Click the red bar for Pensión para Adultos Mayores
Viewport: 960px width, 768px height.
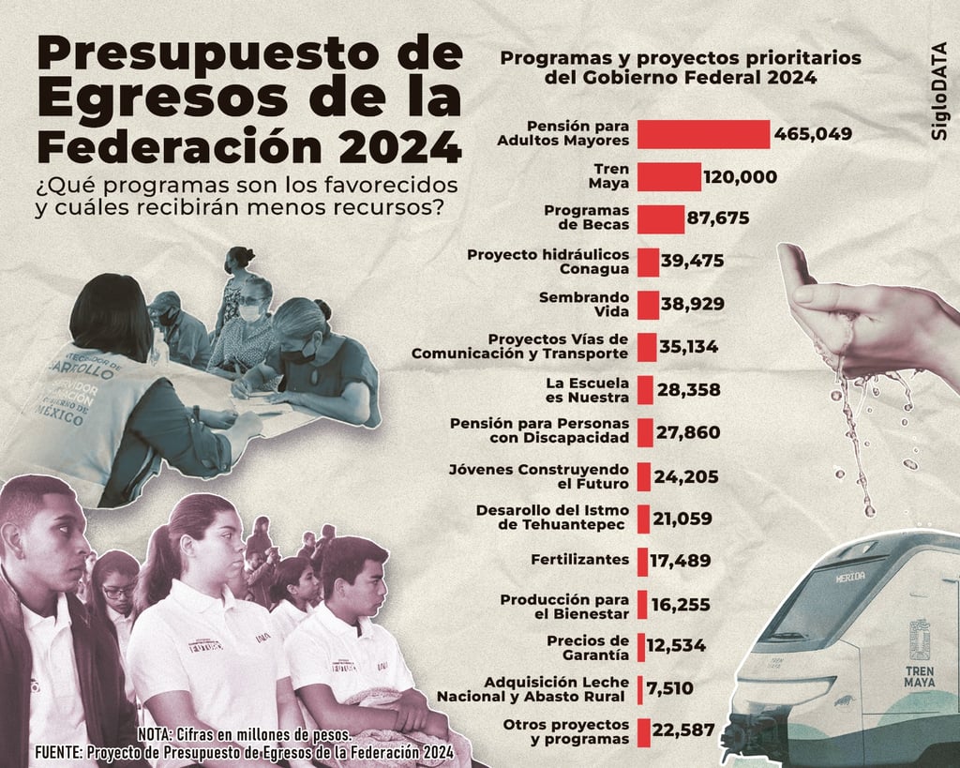pos(703,134)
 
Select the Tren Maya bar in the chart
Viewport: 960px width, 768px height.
pos(669,177)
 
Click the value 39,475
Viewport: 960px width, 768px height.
pos(692,262)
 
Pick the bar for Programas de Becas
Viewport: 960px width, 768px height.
pos(661,218)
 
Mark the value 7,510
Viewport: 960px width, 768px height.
pos(670,689)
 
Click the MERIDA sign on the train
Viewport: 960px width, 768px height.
pos(849,576)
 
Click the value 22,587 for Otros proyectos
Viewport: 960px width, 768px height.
pos(683,730)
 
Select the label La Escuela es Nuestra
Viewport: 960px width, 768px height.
pos(587,389)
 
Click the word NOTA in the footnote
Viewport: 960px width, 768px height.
pos(155,734)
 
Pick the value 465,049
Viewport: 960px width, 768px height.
pos(813,134)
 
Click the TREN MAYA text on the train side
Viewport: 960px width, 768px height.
pos(919,676)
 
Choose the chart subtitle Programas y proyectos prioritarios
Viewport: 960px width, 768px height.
pos(680,58)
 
